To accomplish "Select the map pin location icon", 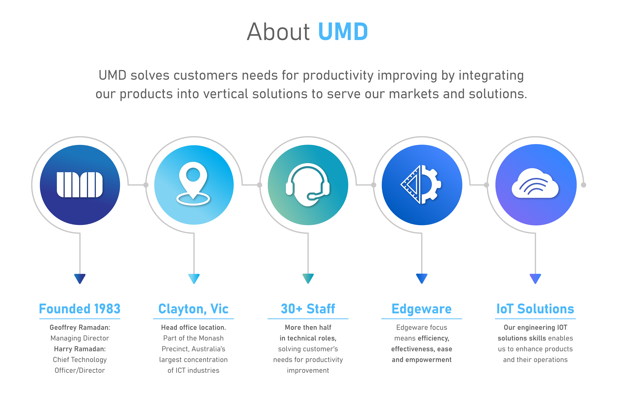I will [x=193, y=183].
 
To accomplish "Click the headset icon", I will [x=308, y=185].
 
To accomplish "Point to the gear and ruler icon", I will [x=421, y=185].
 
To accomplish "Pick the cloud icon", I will [x=535, y=184].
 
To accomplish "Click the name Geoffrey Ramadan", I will [x=80, y=327].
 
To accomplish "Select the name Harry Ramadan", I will [x=80, y=349].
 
